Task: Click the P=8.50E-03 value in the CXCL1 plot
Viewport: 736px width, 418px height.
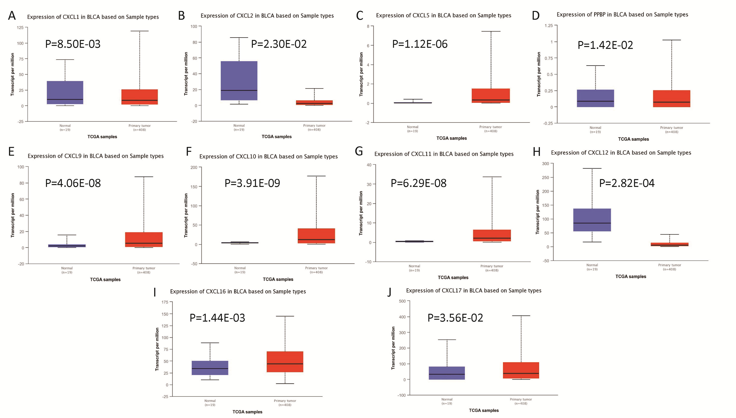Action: point(73,44)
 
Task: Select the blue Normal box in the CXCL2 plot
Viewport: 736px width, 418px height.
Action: point(239,80)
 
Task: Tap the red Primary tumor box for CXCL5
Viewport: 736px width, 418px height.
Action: point(491,96)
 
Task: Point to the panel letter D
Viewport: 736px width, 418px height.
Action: point(536,15)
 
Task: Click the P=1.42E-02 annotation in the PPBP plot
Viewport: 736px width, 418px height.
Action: point(605,45)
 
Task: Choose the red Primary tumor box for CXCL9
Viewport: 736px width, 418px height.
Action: point(144,239)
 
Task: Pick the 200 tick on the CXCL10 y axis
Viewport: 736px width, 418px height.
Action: point(194,167)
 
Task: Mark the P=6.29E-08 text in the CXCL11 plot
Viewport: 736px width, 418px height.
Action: point(418,183)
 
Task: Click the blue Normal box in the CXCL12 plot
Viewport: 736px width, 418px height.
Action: point(592,220)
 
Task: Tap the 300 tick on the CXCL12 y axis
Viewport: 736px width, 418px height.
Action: point(546,164)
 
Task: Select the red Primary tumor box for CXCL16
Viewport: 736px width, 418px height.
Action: point(285,362)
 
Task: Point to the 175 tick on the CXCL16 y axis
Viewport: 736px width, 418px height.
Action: point(165,302)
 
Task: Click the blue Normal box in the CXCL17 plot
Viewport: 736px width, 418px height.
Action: point(447,373)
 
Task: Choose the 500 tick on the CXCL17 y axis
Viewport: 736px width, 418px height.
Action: point(402,301)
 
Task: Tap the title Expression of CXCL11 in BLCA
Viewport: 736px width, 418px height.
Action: point(444,154)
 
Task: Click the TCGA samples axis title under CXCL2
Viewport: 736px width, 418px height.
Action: point(277,137)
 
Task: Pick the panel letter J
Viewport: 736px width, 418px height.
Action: point(389,292)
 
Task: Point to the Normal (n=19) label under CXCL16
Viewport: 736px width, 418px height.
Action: point(210,403)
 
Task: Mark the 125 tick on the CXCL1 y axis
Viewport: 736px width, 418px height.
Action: point(20,28)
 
